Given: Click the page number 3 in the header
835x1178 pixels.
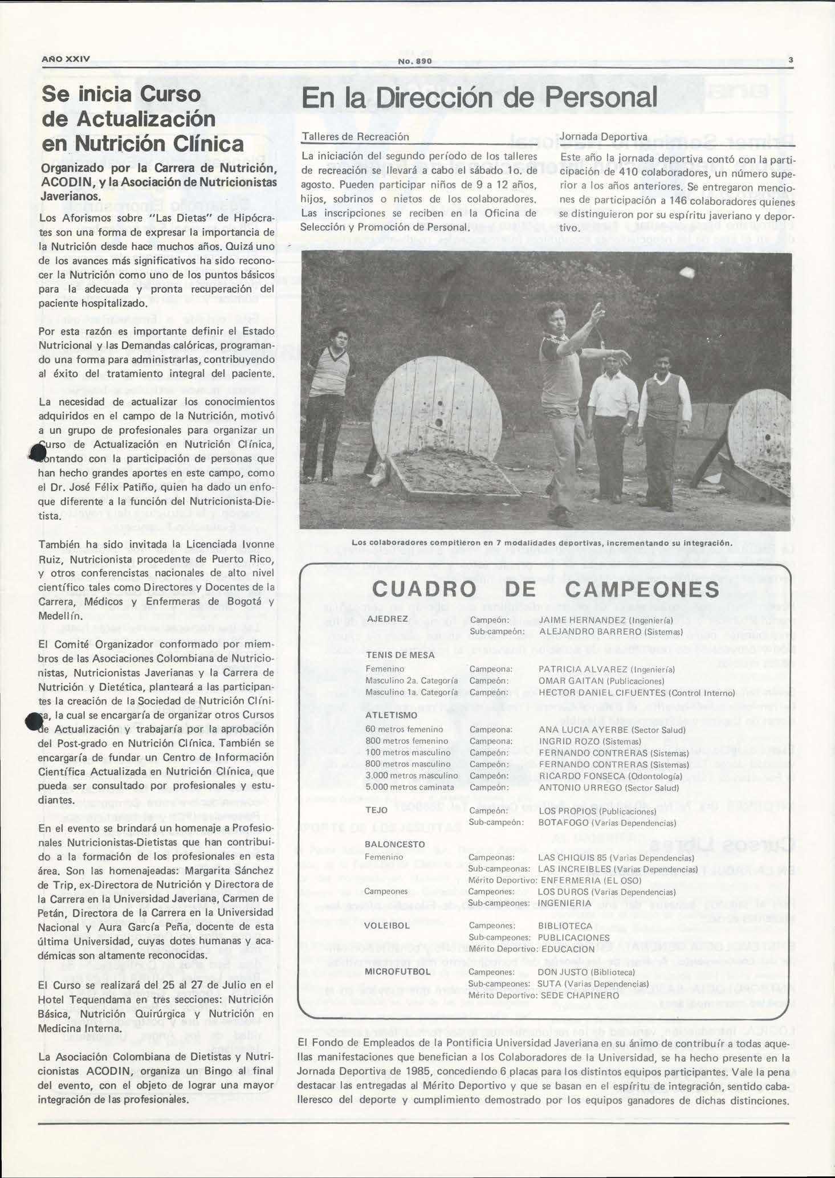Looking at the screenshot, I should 791,60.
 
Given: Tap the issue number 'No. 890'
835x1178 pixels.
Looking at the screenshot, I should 416,61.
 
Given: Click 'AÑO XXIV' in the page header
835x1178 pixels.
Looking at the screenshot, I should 66,59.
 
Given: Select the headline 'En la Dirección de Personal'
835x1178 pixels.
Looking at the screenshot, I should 479,97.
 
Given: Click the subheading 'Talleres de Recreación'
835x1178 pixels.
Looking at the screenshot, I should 355,137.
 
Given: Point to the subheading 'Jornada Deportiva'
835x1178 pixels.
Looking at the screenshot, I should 604,137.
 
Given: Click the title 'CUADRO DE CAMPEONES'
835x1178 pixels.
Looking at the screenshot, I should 545,589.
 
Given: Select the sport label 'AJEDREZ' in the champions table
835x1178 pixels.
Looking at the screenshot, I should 388,619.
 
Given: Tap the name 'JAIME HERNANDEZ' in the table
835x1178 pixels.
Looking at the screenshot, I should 582,619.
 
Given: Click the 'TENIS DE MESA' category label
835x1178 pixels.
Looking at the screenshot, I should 400,655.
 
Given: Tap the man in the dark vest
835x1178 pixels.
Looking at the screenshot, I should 662,427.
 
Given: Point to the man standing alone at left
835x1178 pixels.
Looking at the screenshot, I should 329,402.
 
